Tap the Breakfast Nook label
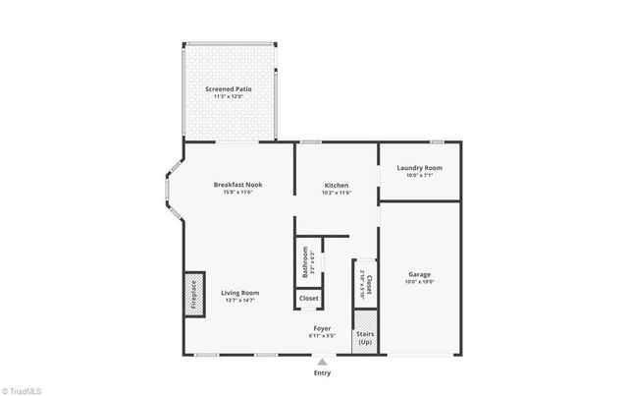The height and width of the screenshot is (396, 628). pos(238,184)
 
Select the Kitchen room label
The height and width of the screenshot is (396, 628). pos(338,184)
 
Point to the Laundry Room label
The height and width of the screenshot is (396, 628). pos(419,167)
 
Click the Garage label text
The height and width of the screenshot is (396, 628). pos(419,274)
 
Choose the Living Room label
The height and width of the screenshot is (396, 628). pos(239,292)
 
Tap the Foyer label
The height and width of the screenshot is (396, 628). pos(322,327)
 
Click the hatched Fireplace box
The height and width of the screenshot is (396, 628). pos(193,293)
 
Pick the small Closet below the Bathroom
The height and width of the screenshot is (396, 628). pos(308,298)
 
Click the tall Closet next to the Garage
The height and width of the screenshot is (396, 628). pos(365,283)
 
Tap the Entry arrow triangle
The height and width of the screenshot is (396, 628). pos(322,363)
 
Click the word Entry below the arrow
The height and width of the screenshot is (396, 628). pos(322,373)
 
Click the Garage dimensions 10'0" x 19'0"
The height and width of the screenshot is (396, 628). pos(419,282)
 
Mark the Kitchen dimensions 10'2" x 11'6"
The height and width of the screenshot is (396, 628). pos(338,192)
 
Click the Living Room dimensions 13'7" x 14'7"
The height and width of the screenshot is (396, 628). pos(239,300)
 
